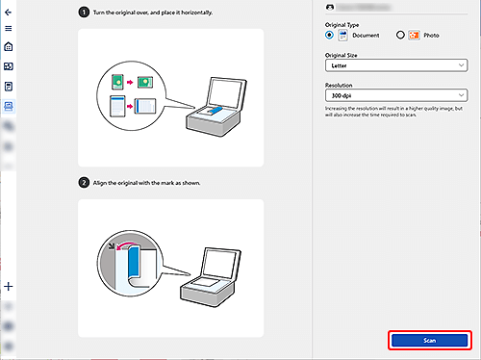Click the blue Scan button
[x=430, y=341]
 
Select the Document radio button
[x=330, y=34]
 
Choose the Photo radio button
[x=399, y=34]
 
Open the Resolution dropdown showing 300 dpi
[x=396, y=95]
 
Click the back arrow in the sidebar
[x=9, y=10]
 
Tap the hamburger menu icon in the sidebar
[x=9, y=28]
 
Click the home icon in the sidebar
[x=9, y=46]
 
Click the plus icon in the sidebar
[x=9, y=286]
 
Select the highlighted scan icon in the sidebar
[x=9, y=105]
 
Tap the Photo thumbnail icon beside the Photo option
[x=414, y=34]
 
